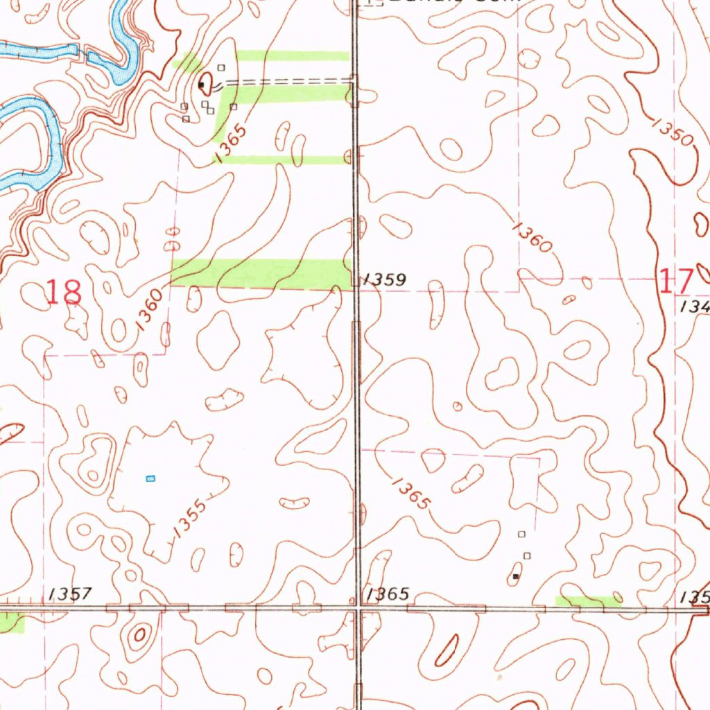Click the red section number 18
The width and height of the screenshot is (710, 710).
coord(64,293)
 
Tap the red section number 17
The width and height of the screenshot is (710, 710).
coord(675,282)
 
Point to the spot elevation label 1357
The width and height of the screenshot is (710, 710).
coord(70,594)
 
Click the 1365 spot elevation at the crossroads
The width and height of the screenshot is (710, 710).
coord(388,594)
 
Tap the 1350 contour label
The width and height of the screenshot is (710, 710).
coord(672,131)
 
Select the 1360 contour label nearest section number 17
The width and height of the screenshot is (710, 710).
coord(533,237)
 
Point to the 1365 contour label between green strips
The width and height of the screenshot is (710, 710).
coord(232,143)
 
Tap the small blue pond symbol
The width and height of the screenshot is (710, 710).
coord(150,478)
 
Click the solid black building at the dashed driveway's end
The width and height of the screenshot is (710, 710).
coord(201,85)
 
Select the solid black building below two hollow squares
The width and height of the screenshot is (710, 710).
coord(515,576)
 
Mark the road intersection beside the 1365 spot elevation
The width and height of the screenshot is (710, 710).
coord(357,608)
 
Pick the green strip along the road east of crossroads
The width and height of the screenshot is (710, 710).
coord(588,601)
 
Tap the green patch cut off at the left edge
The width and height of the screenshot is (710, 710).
coord(11,623)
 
